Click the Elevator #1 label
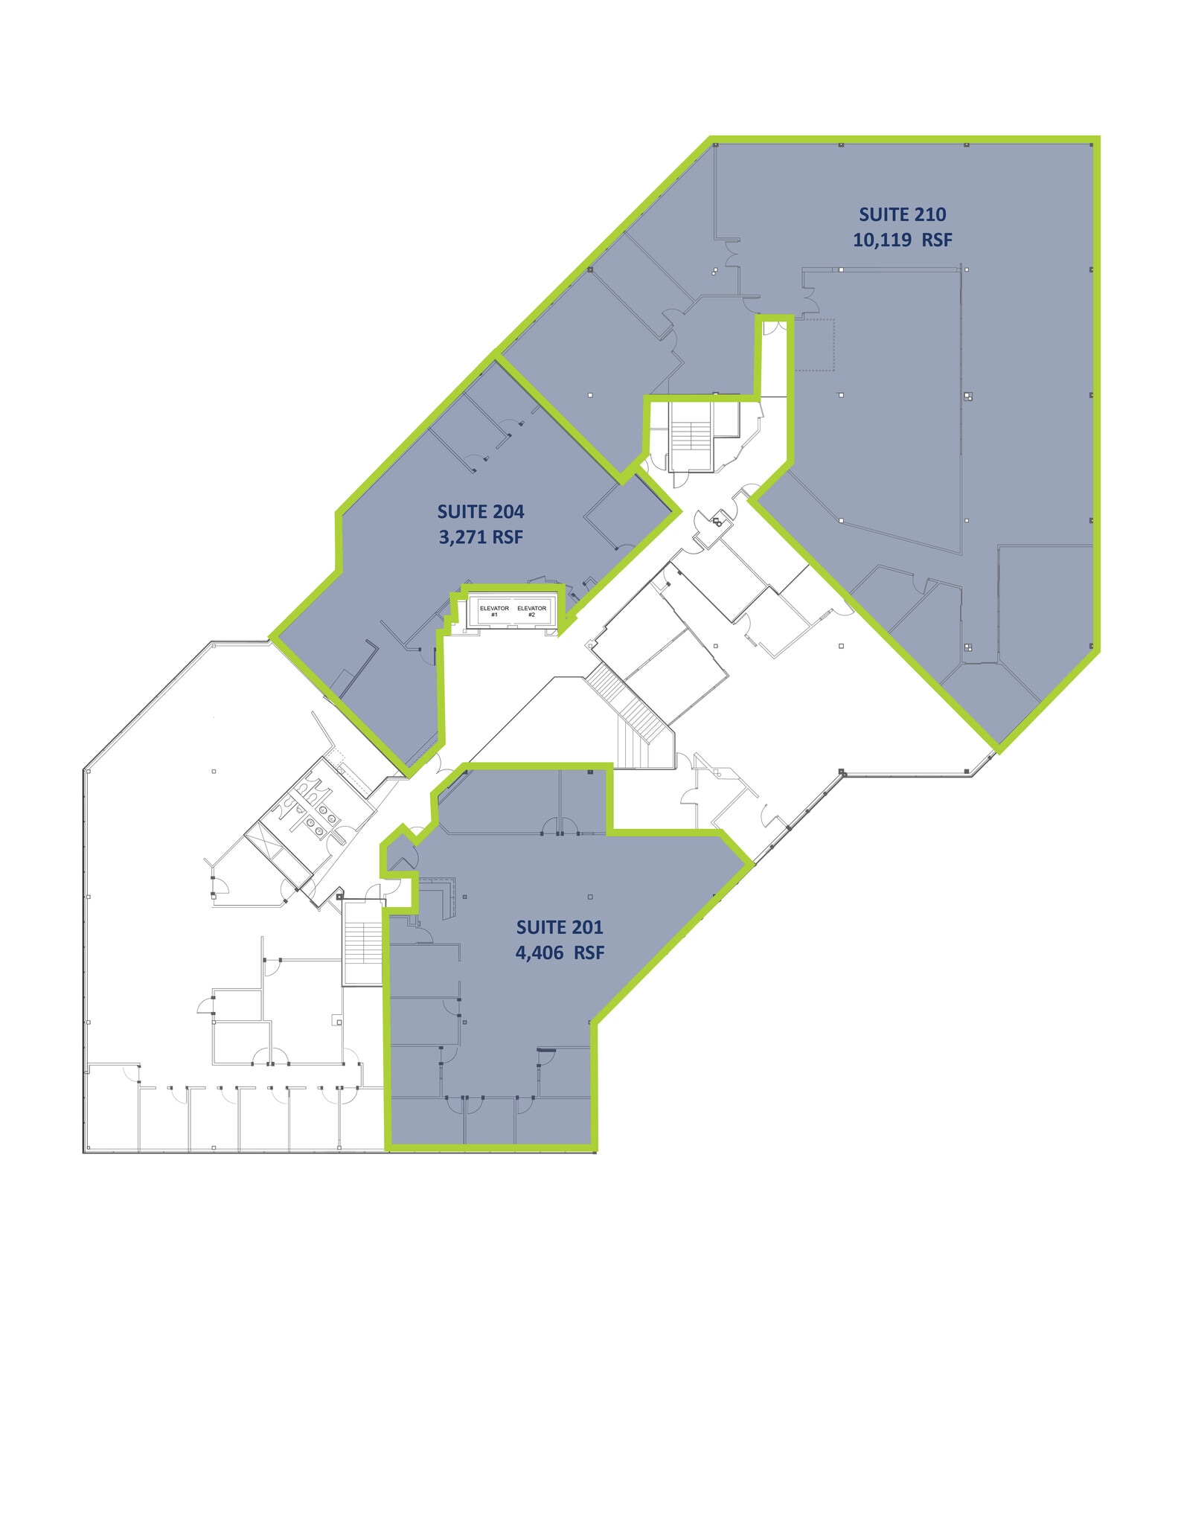point(494,611)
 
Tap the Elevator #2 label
point(531,611)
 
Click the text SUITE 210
point(903,214)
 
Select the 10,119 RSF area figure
point(903,240)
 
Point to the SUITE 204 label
point(481,511)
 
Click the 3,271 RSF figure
point(481,537)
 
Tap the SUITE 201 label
point(560,926)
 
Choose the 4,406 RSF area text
point(560,952)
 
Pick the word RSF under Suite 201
point(589,952)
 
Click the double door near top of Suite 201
point(560,826)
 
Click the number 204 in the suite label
point(508,511)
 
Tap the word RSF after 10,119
point(937,240)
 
